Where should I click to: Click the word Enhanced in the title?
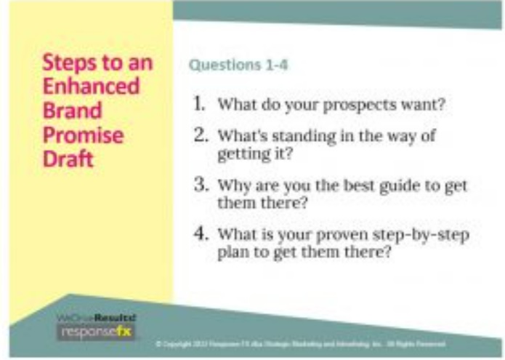tap(91, 87)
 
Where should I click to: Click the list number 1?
tap(198, 102)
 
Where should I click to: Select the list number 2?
tap(198, 135)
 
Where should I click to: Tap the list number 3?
tap(198, 185)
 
